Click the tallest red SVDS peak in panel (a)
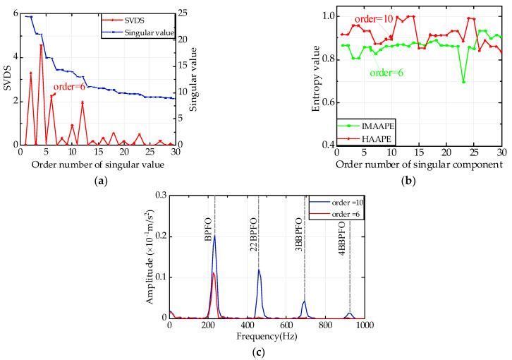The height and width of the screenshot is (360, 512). (41, 46)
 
